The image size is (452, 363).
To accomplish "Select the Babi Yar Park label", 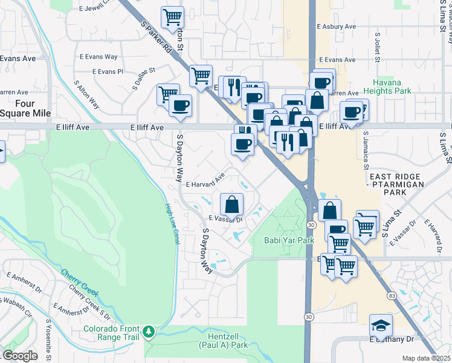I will pos(289,240).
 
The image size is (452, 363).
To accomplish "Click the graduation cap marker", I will pos(381,325).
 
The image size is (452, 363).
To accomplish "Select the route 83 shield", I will pos(392,295).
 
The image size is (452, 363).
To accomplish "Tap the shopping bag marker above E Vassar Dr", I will pos(231,204).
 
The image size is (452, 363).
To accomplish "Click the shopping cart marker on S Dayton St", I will pos(173,16).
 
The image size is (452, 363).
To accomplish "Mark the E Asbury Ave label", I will pos(337,27).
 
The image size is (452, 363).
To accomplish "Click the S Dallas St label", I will pos(144,79).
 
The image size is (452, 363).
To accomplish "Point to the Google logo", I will pos(21,356).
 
